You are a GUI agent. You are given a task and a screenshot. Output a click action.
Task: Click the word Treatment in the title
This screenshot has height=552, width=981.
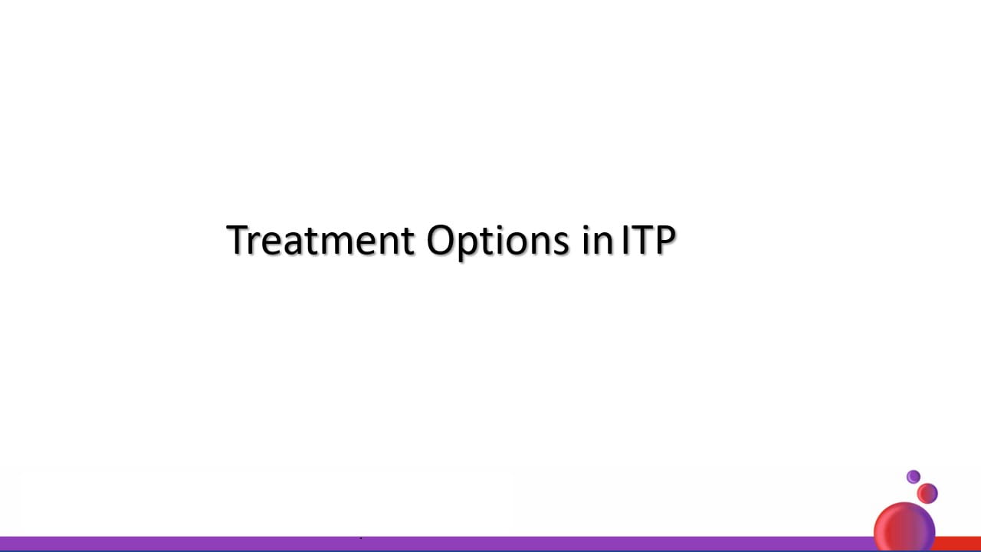[320, 239]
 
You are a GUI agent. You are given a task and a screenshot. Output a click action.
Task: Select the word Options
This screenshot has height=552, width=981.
[497, 242]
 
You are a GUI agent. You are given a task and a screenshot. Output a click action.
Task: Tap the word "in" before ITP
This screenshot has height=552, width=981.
[597, 239]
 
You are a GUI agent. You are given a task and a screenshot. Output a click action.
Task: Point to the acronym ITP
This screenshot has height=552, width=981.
[648, 240]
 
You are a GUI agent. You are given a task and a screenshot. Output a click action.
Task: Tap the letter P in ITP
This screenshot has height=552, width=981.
[664, 240]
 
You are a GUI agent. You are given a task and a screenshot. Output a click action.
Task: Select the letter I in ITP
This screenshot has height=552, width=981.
[625, 240]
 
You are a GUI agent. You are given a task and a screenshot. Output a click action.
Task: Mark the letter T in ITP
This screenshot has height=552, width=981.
[640, 240]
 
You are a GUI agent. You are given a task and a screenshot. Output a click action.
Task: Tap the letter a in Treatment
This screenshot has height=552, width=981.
[293, 244]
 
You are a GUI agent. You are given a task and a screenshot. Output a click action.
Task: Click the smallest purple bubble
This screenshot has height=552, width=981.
[913, 477]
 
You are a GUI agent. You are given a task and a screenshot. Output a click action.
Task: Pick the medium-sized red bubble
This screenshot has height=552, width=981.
[927, 494]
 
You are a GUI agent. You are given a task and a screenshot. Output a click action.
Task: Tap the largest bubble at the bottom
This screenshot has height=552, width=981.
[904, 527]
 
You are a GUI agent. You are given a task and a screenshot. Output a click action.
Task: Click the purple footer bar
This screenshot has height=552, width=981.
[438, 544]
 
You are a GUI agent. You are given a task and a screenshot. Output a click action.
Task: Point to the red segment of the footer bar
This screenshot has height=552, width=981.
[958, 544]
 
